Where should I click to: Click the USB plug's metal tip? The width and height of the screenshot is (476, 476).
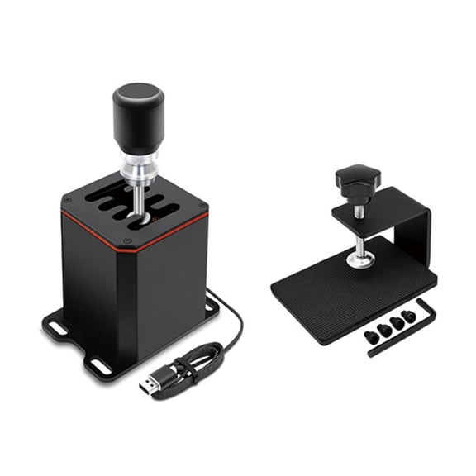tap(148, 385)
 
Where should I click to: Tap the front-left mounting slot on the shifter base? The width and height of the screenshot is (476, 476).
tap(99, 364)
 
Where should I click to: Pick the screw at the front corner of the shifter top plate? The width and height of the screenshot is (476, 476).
tap(126, 241)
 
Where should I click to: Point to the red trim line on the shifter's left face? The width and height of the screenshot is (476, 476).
tap(91, 226)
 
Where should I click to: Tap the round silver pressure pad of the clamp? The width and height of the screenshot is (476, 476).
tap(359, 260)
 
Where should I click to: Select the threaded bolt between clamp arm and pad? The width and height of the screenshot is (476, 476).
tap(359, 240)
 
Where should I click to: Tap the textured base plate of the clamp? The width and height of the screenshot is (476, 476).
tap(331, 293)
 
